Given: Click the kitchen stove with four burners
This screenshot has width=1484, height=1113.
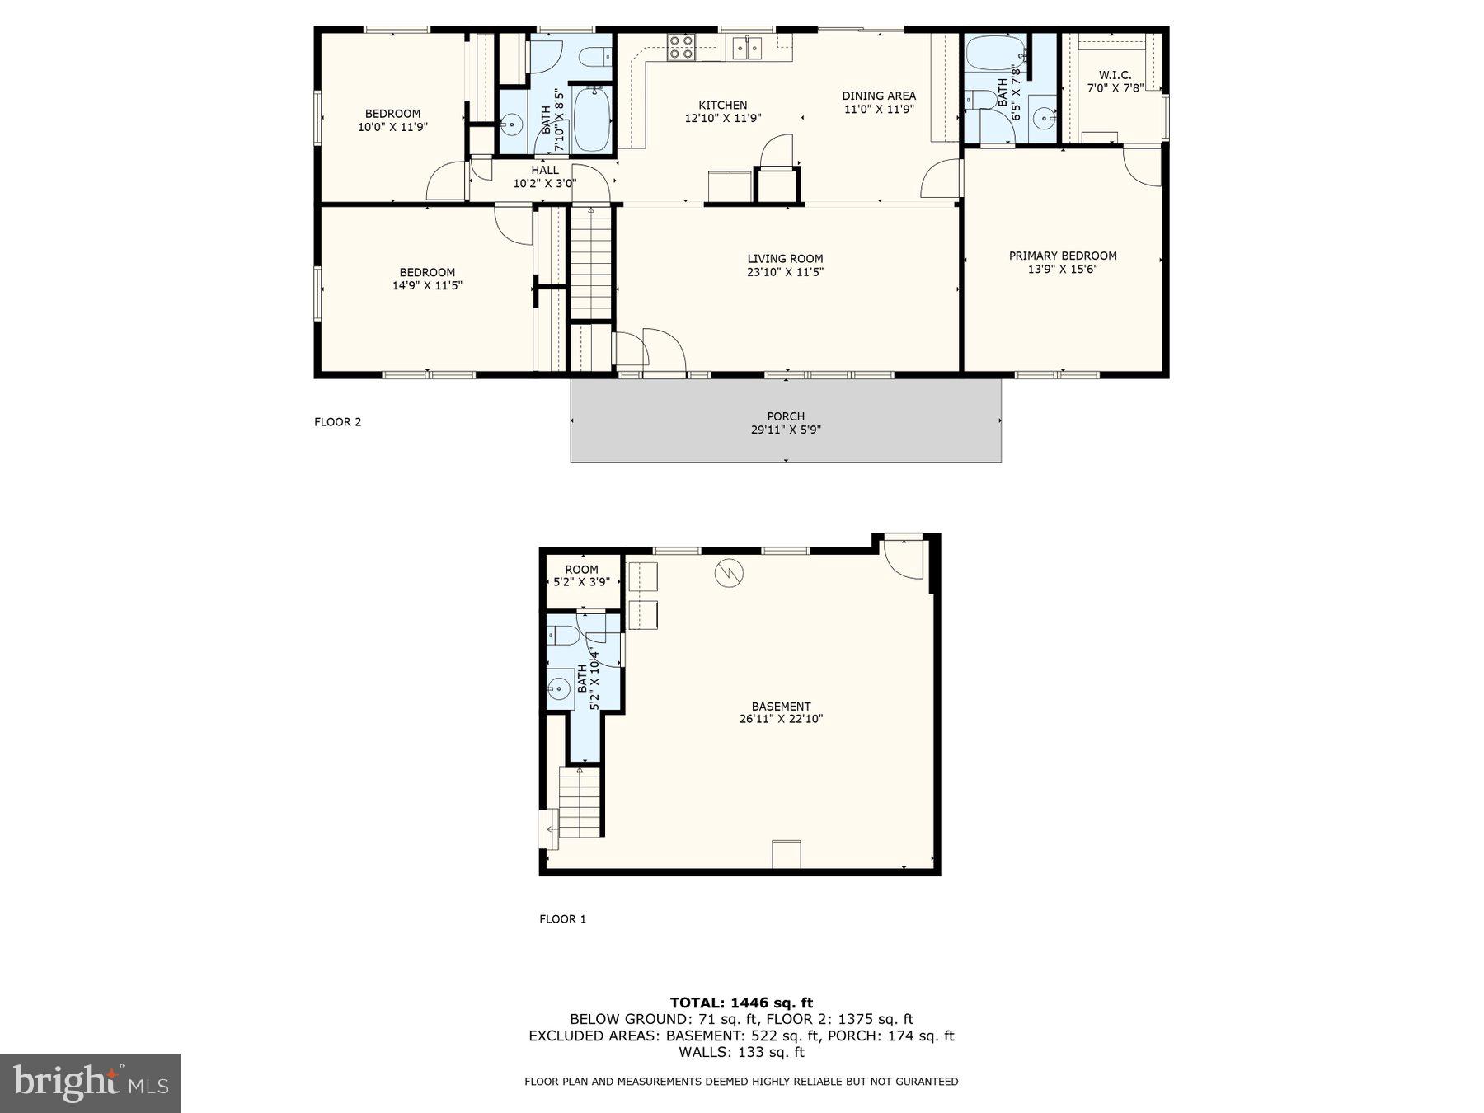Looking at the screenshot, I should tap(681, 47).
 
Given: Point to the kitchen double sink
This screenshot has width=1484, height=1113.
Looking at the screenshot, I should tap(749, 48).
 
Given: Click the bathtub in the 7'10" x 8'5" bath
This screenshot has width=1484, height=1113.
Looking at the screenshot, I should tap(593, 120).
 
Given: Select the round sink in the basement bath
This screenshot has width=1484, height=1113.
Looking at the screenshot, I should tap(560, 687).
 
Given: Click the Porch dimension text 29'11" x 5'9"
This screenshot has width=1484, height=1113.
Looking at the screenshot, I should tap(786, 430).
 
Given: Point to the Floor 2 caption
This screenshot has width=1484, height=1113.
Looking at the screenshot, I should tap(337, 422).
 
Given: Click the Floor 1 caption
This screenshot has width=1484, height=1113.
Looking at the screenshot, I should tap(562, 919).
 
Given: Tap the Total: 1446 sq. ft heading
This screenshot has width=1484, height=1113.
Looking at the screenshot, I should tap(741, 1003).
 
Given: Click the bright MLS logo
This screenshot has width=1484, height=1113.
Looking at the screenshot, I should tap(90, 1083).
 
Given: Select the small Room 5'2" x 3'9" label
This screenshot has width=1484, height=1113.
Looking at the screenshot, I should tap(581, 575).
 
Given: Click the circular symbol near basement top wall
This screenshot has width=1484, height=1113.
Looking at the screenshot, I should tap(729, 572).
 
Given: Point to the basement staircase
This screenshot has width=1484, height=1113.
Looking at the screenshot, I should tap(580, 801).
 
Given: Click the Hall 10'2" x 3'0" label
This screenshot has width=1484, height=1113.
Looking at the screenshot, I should tap(544, 177).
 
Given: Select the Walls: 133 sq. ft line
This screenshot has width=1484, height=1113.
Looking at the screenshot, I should tap(741, 1052).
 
